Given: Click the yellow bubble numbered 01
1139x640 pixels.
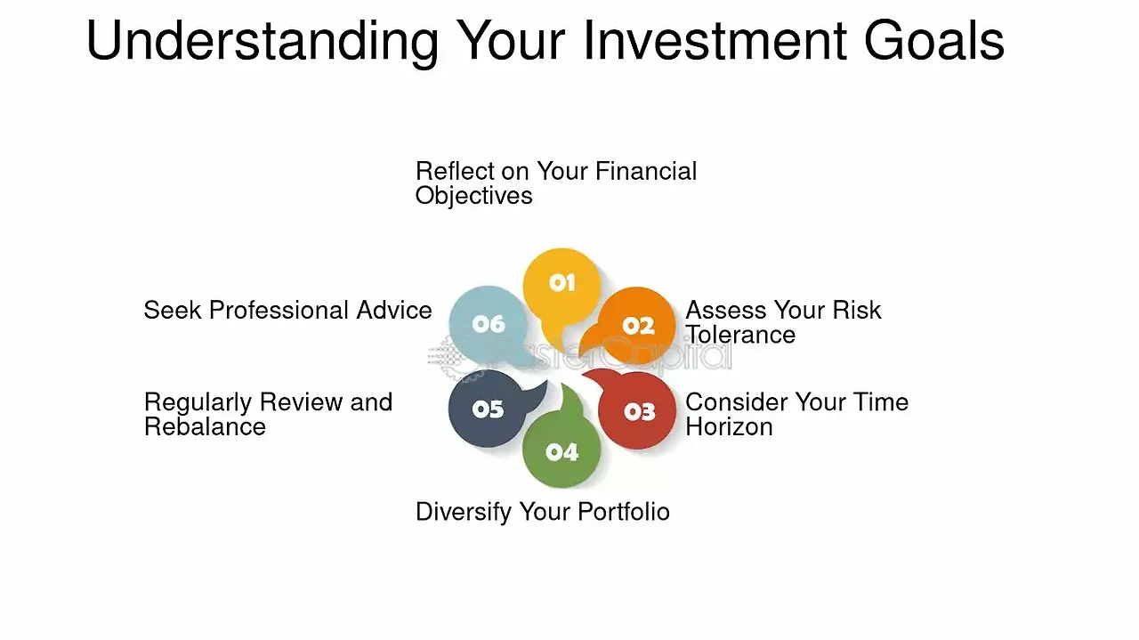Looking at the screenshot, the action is click(561, 288).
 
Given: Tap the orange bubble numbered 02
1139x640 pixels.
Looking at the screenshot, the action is click(635, 326).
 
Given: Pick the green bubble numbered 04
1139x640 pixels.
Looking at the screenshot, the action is click(561, 448).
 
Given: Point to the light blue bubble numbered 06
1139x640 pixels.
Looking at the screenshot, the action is click(489, 325).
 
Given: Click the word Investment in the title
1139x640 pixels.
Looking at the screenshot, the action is click(715, 41).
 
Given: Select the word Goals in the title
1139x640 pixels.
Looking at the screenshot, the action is click(934, 41).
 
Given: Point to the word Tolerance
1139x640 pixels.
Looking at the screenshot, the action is click(740, 335).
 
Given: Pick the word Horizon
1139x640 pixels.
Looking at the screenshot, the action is click(729, 427).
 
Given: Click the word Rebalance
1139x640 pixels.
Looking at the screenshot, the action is click(205, 427).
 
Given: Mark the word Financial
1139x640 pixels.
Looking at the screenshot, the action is click(646, 172).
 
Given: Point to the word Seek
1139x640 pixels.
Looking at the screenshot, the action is click(173, 311).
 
